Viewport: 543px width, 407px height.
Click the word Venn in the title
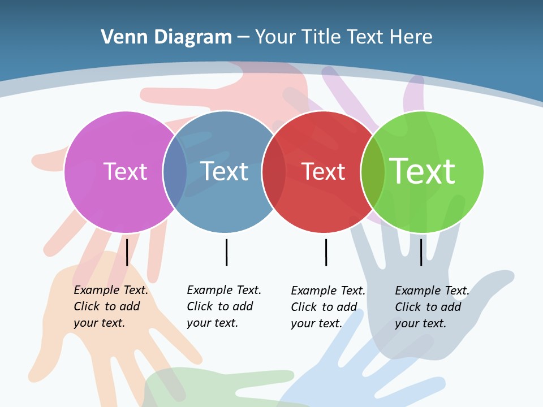click(120, 37)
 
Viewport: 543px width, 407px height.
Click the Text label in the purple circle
click(125, 171)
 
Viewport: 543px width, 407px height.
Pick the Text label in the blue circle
click(225, 171)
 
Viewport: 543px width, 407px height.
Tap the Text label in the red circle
click(323, 172)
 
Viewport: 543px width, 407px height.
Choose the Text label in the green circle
click(423, 171)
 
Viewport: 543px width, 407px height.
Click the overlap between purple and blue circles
click(175, 172)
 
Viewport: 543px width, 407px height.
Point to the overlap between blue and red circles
click(274, 172)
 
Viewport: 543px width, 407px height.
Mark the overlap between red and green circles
click(373, 172)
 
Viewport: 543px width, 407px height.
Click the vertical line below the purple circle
click(127, 252)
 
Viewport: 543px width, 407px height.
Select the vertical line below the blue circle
click(226, 252)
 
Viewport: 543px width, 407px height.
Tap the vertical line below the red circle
click(326, 252)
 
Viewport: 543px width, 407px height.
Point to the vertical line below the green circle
click(421, 252)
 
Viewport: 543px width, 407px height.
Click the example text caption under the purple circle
click(110, 306)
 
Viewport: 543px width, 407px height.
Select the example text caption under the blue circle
click(223, 306)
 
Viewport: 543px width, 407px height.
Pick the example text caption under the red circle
click(327, 307)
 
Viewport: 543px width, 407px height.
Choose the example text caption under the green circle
click(432, 307)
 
